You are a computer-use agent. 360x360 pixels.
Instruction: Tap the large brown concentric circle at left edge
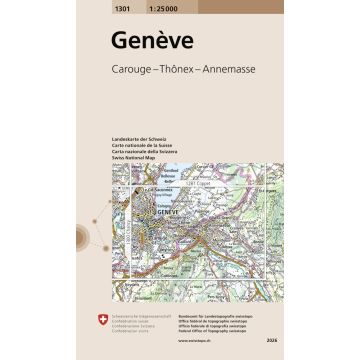coord(81,238)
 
